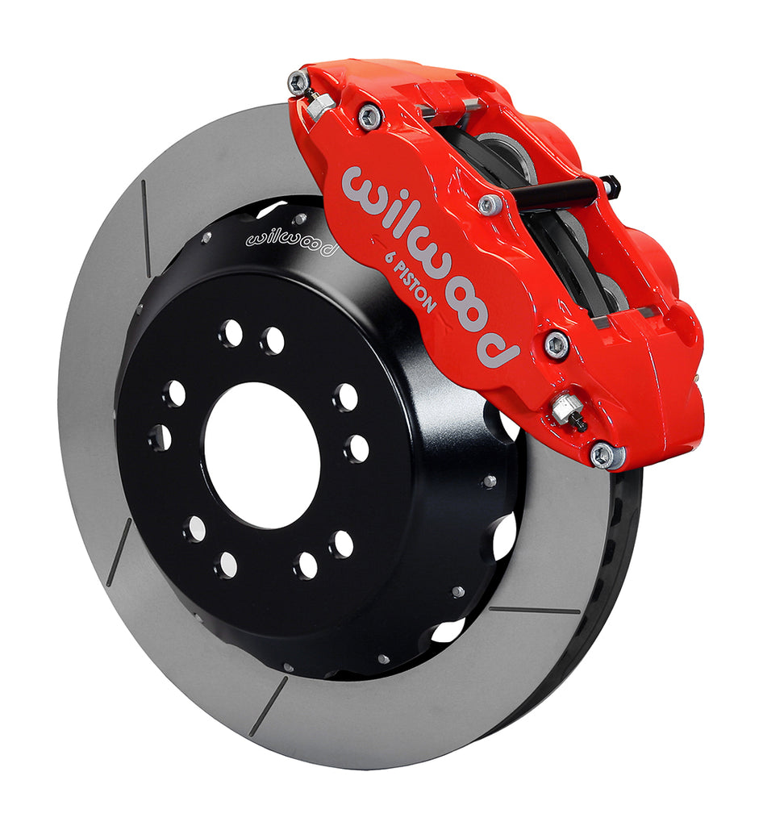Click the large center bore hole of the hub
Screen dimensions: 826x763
tap(261, 457)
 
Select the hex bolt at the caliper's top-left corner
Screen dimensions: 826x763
tap(298, 81)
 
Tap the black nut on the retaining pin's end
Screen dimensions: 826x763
tap(611, 186)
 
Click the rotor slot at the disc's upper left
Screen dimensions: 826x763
tap(146, 217)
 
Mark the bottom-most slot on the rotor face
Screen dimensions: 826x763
tap(268, 706)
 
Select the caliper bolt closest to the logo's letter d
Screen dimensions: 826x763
tap(557, 345)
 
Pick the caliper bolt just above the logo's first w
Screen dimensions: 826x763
tap(370, 118)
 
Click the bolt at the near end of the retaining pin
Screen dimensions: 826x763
tap(490, 204)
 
